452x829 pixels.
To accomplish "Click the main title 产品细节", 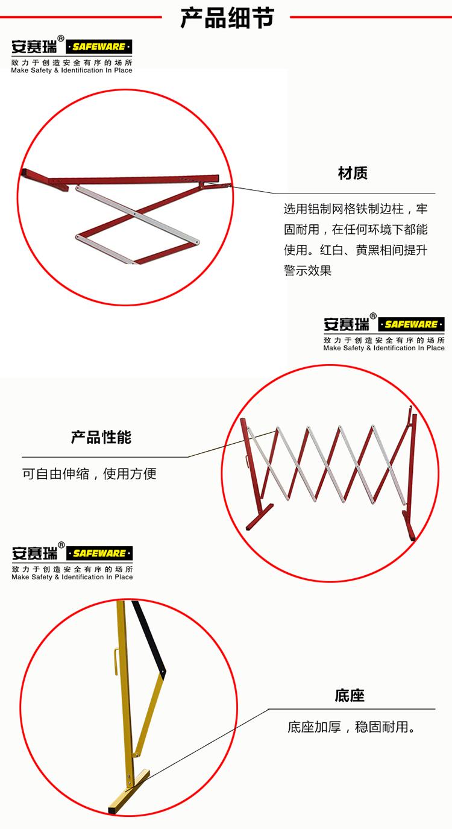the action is point(227,17).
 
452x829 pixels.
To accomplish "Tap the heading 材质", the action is point(353,173).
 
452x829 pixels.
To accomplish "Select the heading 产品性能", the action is point(101,437).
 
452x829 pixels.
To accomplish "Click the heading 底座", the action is point(349,695).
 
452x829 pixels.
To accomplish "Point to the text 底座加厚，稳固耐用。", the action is point(351,727).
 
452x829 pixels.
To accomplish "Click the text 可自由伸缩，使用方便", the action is point(89,473).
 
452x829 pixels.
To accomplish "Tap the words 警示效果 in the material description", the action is point(307,271).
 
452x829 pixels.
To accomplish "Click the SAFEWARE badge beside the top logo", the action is point(99,46).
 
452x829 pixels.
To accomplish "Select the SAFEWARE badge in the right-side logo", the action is point(411,324).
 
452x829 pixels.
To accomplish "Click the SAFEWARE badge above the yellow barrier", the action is point(99,553).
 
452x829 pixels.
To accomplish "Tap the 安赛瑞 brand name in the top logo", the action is point(34,46).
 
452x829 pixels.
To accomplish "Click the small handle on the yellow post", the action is point(116,661).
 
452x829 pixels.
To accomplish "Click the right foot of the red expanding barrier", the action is point(409,526).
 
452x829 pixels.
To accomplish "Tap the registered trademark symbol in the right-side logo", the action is point(373,316).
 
